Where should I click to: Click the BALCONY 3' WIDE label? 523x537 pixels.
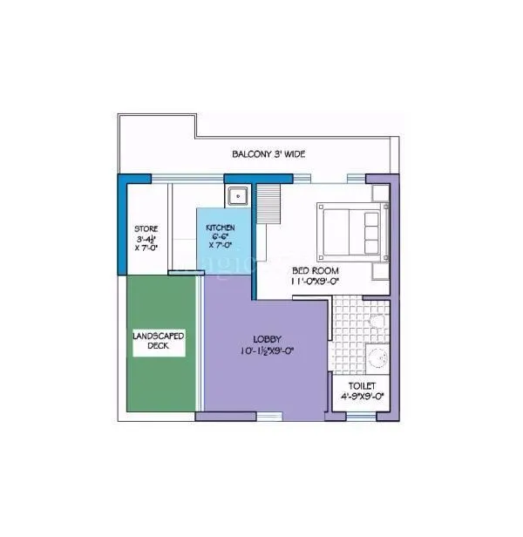pos(268,154)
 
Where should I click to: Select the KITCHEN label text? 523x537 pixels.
pos(220,228)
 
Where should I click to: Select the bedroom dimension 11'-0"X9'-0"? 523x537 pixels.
pos(316,282)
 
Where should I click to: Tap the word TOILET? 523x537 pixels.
pos(362,384)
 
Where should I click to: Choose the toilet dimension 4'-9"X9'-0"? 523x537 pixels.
pos(363,396)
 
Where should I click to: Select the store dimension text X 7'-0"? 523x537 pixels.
pos(146,248)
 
